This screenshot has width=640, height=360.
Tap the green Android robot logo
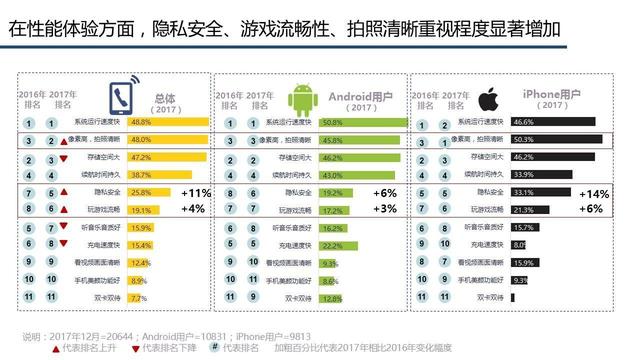click(302, 99)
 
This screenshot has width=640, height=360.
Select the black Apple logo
click(487, 99)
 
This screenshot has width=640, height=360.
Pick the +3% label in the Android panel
click(384, 209)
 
